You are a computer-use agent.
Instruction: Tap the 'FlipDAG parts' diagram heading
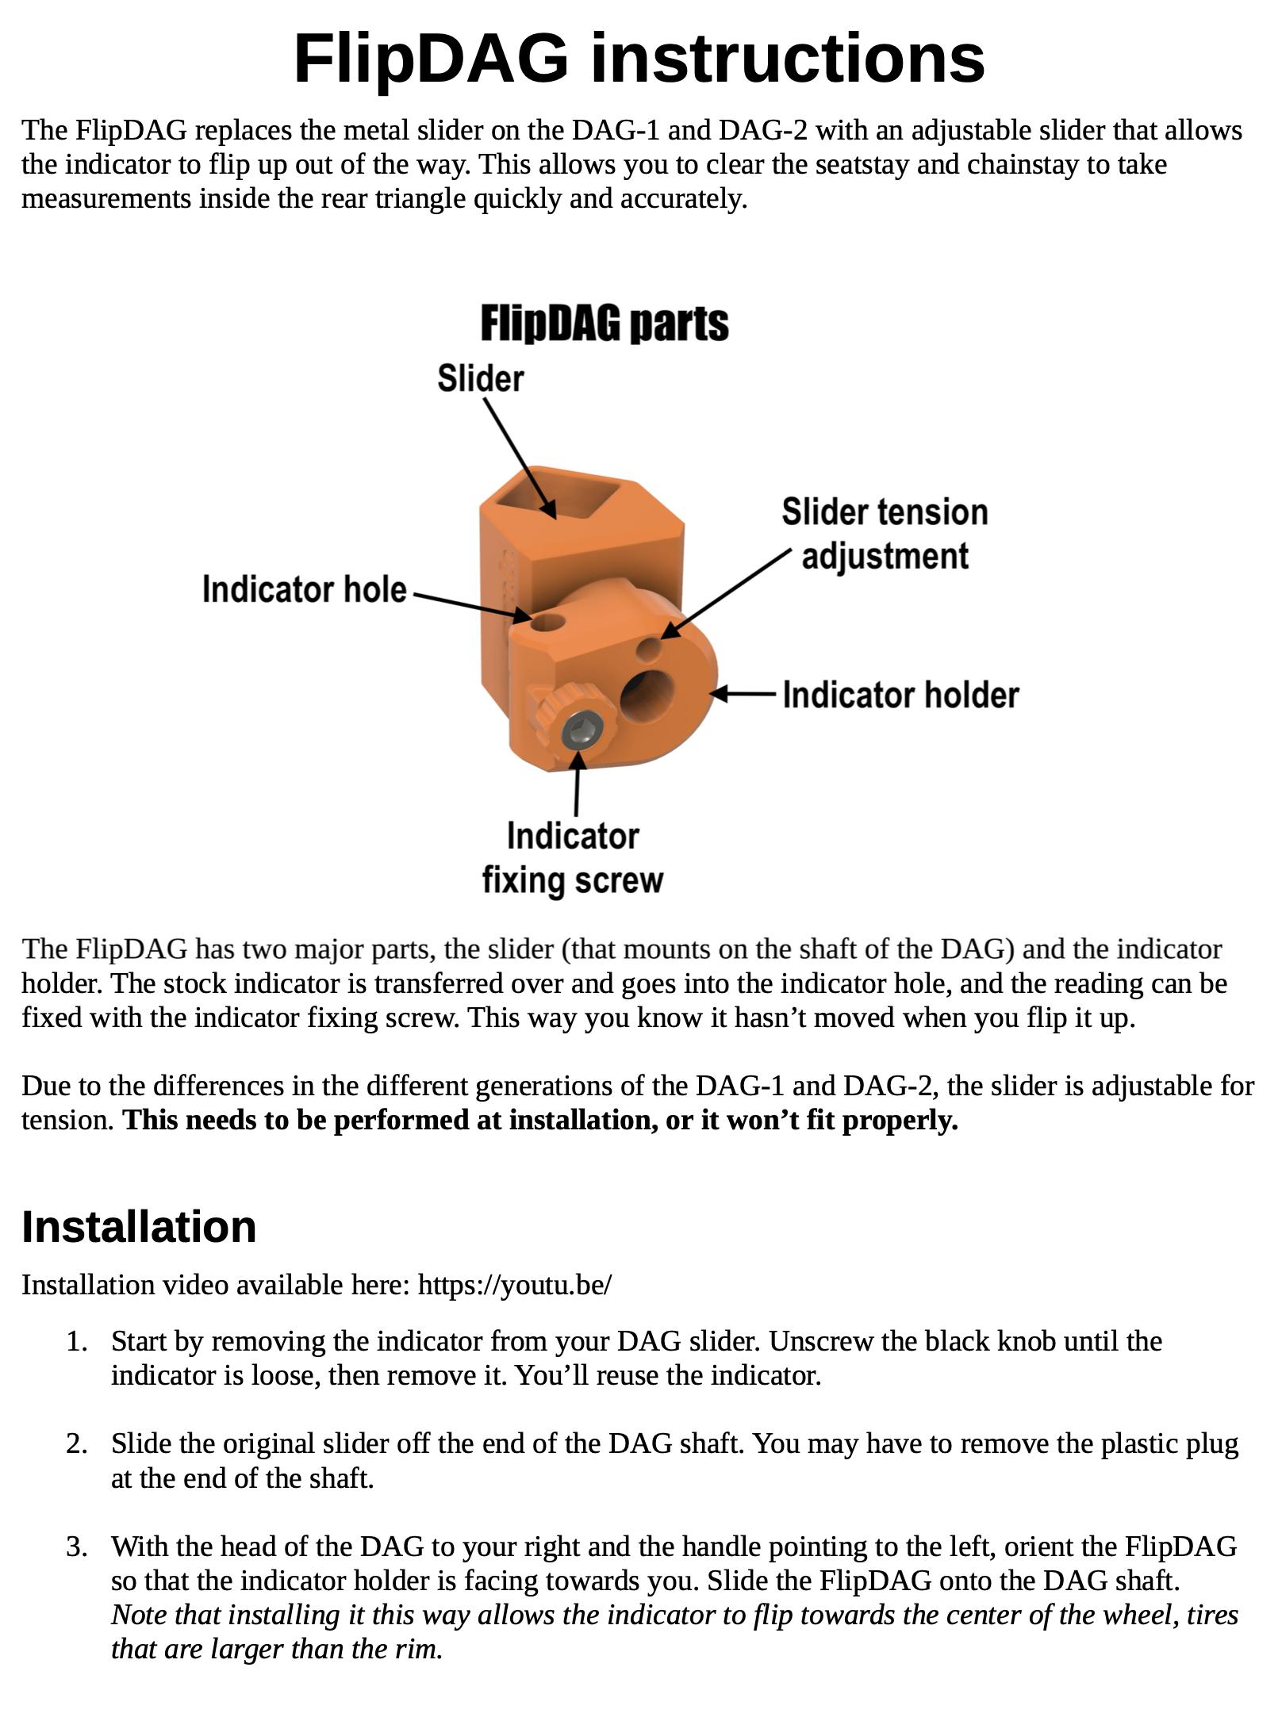(x=605, y=324)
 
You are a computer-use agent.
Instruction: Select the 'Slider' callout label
(x=481, y=378)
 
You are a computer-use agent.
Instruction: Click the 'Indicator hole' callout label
(x=304, y=589)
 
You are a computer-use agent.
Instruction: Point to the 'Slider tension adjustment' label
(x=885, y=534)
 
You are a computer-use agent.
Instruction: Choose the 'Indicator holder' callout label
(x=900, y=695)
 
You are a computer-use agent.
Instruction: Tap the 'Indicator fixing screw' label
(x=573, y=858)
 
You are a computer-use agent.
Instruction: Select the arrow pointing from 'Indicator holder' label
(x=743, y=695)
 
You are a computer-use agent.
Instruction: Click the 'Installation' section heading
(x=139, y=1226)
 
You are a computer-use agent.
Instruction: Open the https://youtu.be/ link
(x=515, y=1285)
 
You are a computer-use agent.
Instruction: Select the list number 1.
(x=76, y=1341)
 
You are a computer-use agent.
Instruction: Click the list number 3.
(x=76, y=1547)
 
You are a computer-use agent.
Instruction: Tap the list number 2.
(x=76, y=1443)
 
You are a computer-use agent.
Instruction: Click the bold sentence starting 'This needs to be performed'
(x=541, y=1120)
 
